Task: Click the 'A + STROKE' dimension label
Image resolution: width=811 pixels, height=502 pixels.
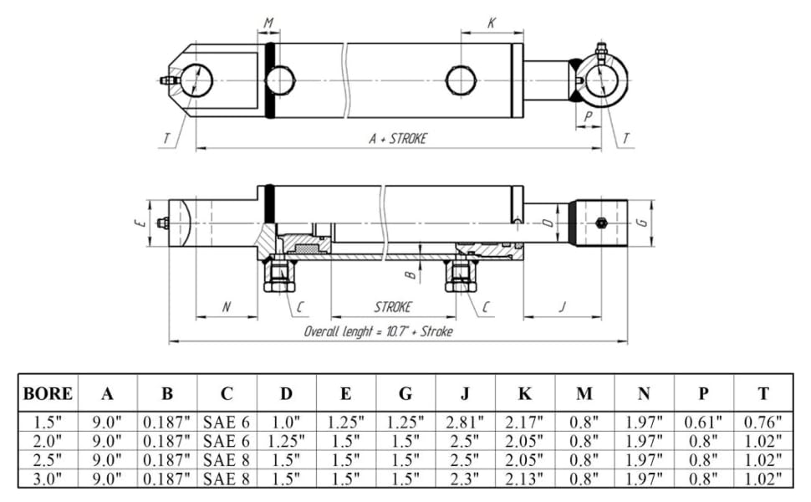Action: (398, 139)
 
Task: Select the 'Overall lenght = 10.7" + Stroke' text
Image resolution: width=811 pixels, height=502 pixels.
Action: (379, 331)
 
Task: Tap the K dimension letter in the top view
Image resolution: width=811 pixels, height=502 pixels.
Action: (492, 23)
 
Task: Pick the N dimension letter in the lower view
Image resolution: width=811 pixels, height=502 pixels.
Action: (226, 307)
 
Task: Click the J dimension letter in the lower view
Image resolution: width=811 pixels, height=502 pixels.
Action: (562, 307)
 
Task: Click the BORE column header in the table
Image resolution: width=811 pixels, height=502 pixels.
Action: (48, 393)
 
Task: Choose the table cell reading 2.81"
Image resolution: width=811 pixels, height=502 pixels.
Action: (465, 422)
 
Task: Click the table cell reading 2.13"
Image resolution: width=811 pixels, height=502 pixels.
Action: (525, 479)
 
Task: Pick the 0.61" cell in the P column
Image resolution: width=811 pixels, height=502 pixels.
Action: (704, 422)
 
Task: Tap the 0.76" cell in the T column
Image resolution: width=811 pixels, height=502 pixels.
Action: (763, 422)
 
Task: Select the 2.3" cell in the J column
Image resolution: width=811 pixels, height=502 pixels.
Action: (465, 479)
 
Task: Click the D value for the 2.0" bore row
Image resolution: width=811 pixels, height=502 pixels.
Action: (287, 441)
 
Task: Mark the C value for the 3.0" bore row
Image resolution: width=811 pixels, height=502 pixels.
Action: (227, 479)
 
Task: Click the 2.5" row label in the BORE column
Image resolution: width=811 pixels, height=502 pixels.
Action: (48, 459)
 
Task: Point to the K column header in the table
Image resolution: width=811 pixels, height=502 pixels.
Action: (525, 393)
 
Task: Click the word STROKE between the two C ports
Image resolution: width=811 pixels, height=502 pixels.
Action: (393, 307)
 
